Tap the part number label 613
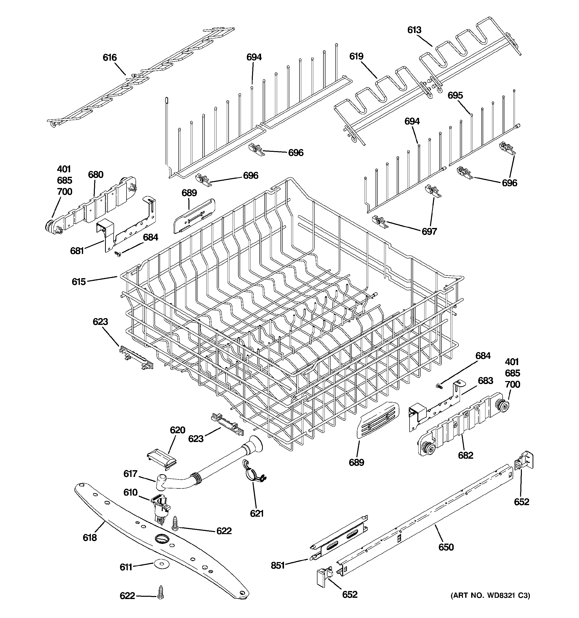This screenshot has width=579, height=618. click(414, 30)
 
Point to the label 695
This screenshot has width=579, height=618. click(455, 95)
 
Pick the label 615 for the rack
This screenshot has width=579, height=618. click(79, 282)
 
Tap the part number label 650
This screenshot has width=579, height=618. click(446, 547)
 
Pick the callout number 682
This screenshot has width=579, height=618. click(465, 455)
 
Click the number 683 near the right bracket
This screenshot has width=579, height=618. click(485, 381)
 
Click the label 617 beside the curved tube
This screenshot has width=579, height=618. click(130, 473)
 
